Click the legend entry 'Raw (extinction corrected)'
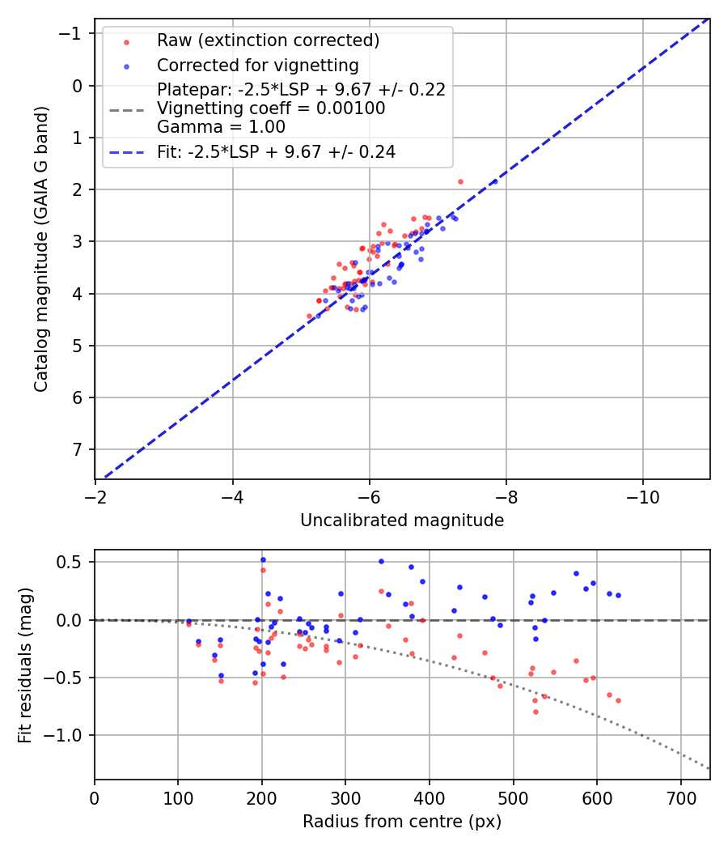[268, 40]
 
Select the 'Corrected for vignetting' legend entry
[258, 65]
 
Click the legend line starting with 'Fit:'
[276, 151]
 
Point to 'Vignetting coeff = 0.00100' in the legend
[271, 108]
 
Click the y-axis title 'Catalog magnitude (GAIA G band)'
[41, 249]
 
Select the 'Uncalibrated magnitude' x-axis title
[402, 521]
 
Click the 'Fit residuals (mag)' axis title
[25, 665]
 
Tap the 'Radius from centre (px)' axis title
[402, 822]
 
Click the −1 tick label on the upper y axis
[74, 34]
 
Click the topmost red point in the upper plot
[460, 181]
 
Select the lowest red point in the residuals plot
[535, 712]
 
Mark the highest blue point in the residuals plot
[263, 559]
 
